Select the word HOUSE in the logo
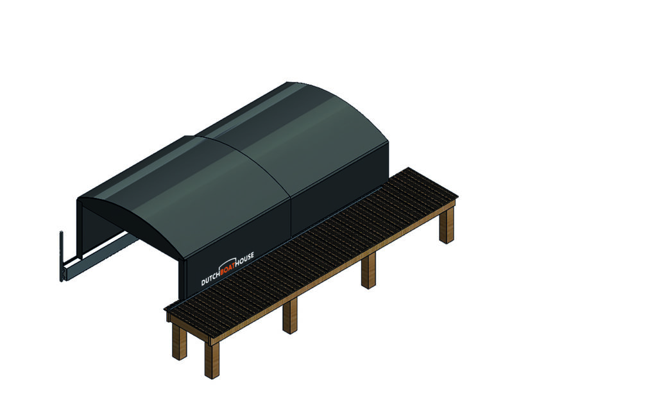click(244, 261)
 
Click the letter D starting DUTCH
click(203, 282)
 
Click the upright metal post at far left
click(61, 256)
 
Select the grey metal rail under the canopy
click(101, 256)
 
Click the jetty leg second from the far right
click(368, 271)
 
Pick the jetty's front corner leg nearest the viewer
click(212, 360)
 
